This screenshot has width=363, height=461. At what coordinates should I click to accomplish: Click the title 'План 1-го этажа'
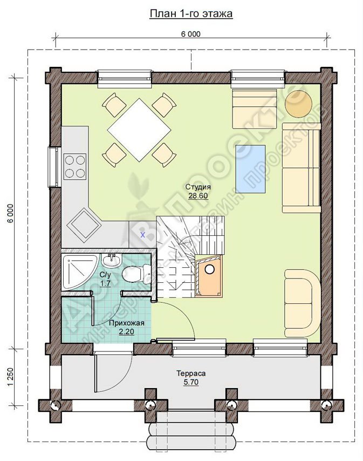(x=191, y=13)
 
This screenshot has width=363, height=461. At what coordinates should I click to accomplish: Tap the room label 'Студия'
(x=198, y=187)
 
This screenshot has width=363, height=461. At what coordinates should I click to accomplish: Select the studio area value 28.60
(x=198, y=195)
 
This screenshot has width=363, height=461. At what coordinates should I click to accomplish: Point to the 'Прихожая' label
(x=127, y=323)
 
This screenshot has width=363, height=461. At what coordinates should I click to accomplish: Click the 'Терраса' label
(x=191, y=374)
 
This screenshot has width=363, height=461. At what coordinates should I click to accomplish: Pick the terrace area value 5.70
(x=191, y=382)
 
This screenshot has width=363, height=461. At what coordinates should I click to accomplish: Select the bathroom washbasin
(x=111, y=261)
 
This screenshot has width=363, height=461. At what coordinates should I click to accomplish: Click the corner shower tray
(x=79, y=272)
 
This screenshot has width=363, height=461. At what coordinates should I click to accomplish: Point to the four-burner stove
(x=75, y=166)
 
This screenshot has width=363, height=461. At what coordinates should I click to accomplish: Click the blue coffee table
(x=250, y=169)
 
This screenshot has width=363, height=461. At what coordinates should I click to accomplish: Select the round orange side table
(x=299, y=104)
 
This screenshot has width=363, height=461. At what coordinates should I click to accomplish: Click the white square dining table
(x=139, y=130)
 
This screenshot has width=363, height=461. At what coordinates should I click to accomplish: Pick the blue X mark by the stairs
(x=143, y=235)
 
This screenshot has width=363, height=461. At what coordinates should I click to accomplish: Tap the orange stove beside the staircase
(x=209, y=276)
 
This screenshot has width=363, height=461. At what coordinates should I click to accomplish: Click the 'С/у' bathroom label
(x=105, y=276)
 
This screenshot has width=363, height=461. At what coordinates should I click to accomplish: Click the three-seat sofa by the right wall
(x=301, y=167)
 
